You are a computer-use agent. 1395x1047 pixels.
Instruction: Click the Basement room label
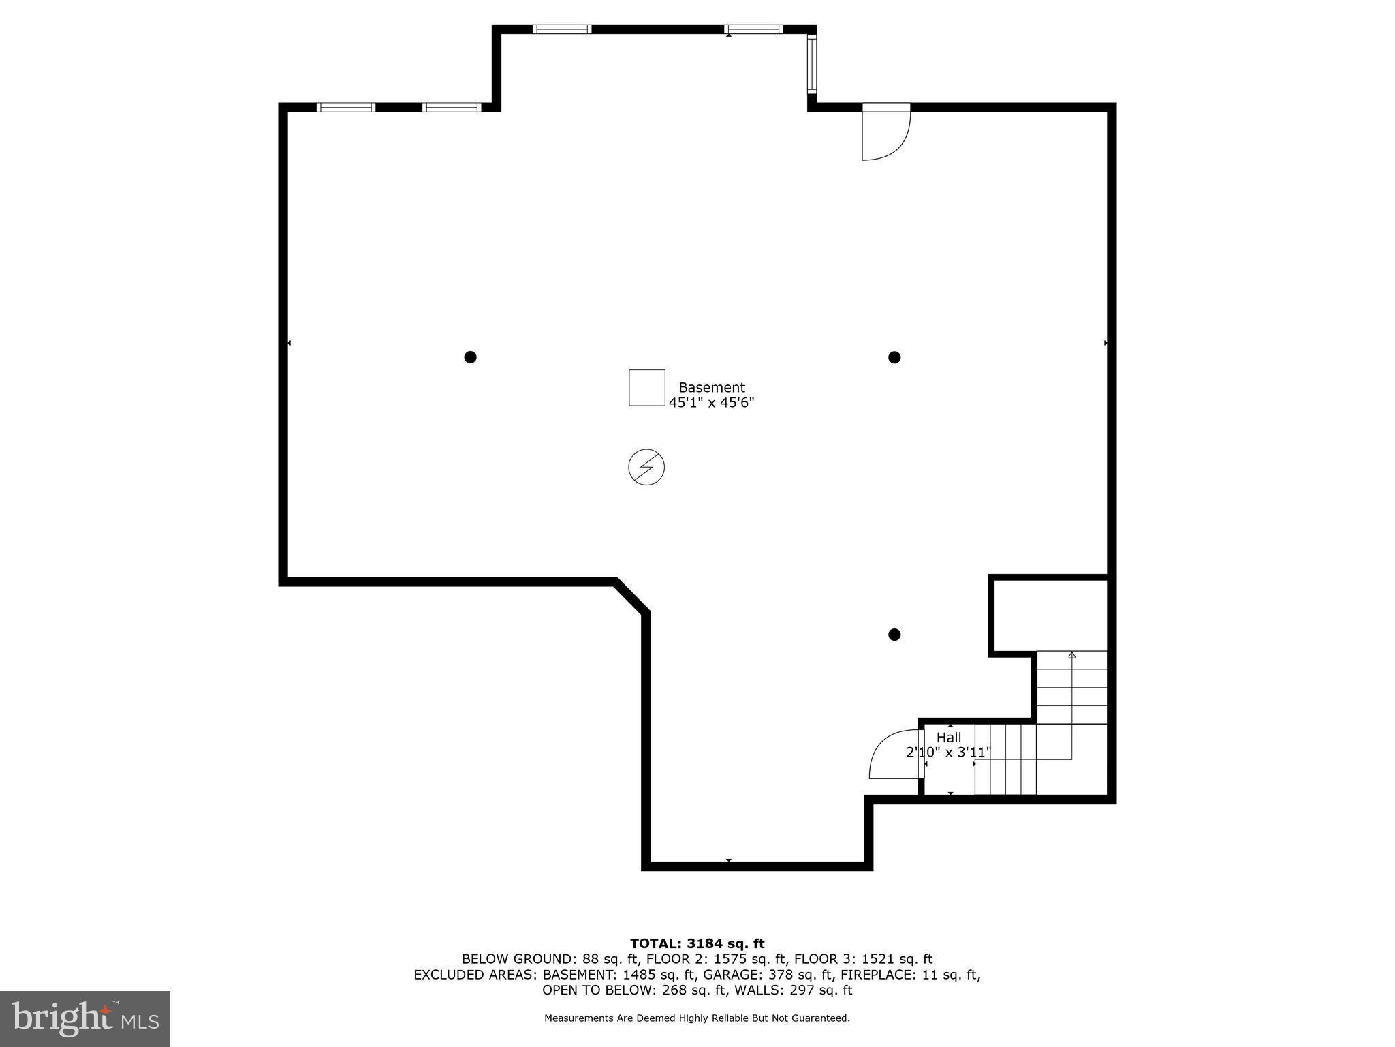point(711,387)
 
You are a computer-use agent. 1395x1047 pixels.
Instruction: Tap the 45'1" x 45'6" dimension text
point(711,403)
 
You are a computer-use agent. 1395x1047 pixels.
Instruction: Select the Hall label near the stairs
point(948,738)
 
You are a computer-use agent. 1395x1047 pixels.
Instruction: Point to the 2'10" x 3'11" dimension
point(947,753)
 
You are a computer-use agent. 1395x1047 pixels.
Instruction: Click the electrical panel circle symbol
point(646,467)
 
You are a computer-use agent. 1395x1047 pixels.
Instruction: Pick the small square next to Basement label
point(646,388)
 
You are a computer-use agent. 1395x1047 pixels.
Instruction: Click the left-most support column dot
point(470,357)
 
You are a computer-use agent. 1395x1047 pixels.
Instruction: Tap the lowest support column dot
point(894,635)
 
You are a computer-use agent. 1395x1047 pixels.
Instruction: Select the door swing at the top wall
point(884,135)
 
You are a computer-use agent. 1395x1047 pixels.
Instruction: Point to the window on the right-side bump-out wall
point(811,64)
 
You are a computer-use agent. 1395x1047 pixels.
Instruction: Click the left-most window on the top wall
point(346,107)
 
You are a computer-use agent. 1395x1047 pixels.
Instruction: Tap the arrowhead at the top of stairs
point(1071,655)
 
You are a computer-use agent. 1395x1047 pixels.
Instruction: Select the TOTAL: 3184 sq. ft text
point(697,943)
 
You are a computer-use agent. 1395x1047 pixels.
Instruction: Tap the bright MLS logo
point(85,1018)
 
